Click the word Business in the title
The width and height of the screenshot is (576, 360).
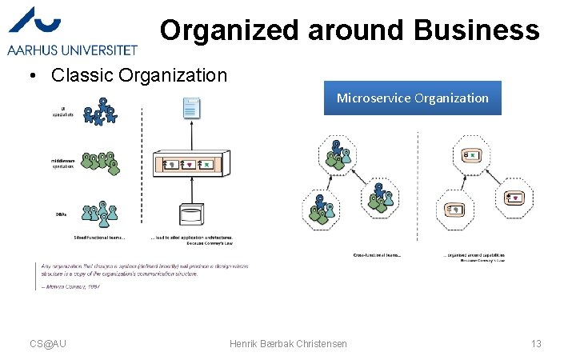(477, 30)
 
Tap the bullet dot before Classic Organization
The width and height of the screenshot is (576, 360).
(29, 76)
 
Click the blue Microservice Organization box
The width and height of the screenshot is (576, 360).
(412, 98)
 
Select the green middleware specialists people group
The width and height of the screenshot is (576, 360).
(101, 162)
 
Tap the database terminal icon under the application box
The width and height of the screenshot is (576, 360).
(190, 217)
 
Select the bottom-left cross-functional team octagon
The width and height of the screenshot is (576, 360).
(322, 210)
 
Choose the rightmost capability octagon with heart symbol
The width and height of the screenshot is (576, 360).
(514, 198)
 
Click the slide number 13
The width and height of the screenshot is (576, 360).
(536, 343)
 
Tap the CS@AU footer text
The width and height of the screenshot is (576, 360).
(48, 343)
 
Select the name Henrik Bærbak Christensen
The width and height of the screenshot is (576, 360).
(288, 343)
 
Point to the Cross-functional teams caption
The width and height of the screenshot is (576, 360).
(377, 255)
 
